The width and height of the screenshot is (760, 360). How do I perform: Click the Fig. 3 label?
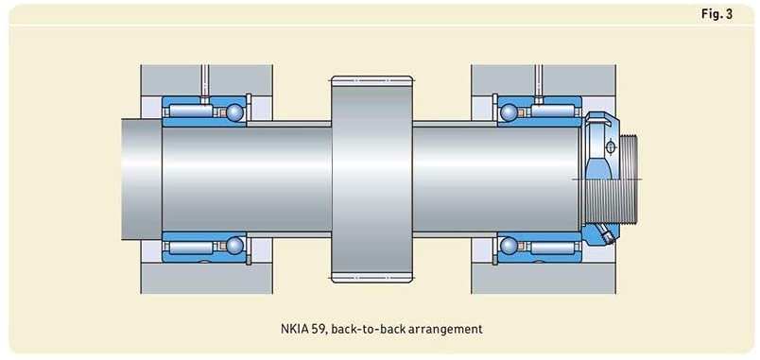(x=717, y=14)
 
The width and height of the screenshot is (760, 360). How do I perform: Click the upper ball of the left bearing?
(x=235, y=111)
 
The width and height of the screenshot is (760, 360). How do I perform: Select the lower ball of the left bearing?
(x=235, y=245)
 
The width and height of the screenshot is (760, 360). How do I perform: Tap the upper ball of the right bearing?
(x=509, y=111)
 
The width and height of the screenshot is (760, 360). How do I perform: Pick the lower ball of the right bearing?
(x=509, y=245)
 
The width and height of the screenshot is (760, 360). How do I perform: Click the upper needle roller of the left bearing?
(x=192, y=111)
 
